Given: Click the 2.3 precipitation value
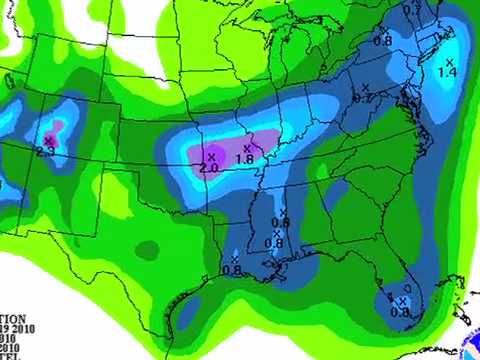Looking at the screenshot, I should coord(44,151).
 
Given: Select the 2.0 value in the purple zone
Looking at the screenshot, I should coord(209,168).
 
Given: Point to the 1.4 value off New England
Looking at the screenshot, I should coord(447,72).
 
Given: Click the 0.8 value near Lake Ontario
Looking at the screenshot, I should coord(382,41).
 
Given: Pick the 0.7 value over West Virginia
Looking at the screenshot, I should coord(363,98).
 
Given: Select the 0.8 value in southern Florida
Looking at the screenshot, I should coord(400,312).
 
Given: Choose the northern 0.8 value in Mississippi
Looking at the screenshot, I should coord(280,222).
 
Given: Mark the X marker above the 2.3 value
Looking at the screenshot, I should coord(48,140).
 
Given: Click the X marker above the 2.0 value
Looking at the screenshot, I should coord(211,157).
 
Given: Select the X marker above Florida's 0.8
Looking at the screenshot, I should coord(403,301).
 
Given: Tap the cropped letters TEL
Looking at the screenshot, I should coord(10,354).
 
